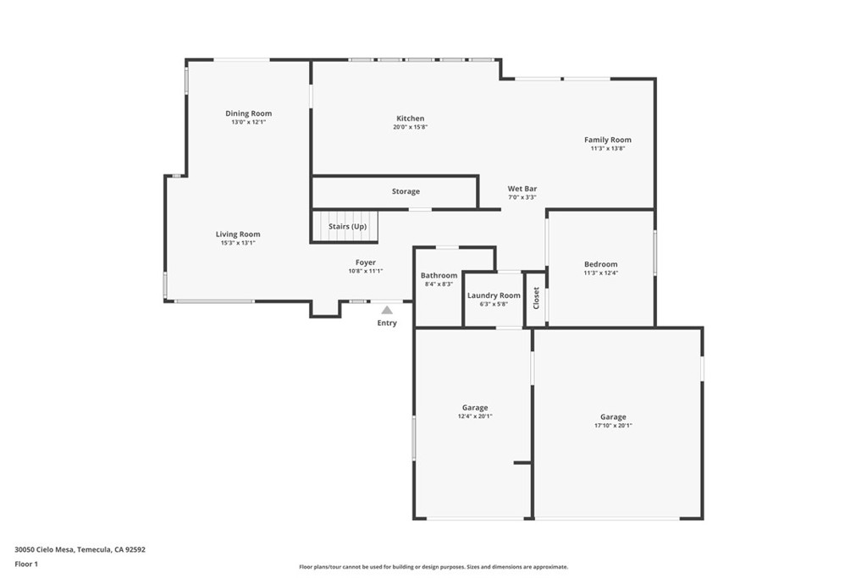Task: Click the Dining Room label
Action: click(248, 113)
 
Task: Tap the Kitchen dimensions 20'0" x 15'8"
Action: click(410, 127)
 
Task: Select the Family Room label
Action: click(607, 140)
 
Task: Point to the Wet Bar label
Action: click(522, 189)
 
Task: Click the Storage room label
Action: click(406, 191)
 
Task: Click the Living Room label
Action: click(237, 234)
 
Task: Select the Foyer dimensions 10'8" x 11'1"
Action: click(365, 271)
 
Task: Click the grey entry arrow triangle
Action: click(387, 311)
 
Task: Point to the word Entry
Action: click(387, 323)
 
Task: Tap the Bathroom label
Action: click(439, 275)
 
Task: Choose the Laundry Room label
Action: click(494, 295)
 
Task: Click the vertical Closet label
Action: click(536, 298)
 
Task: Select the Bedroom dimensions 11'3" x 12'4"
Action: click(600, 272)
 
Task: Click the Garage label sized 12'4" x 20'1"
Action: click(474, 408)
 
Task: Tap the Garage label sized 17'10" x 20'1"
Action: click(613, 417)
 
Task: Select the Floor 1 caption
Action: click(27, 564)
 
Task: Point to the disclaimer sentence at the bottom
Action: click(433, 567)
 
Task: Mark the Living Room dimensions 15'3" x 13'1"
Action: click(237, 243)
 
